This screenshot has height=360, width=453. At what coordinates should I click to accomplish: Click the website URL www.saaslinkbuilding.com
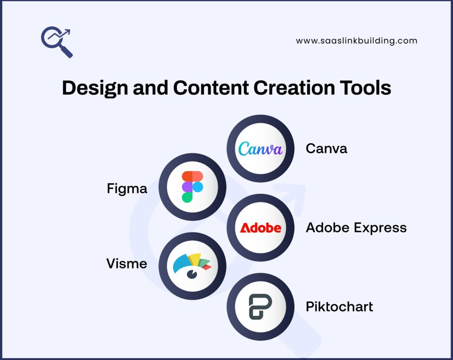point(357,41)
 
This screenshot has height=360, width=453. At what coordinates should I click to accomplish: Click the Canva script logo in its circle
point(260,149)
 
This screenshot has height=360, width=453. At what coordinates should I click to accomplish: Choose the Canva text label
point(326,148)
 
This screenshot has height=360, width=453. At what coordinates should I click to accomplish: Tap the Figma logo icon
point(192,187)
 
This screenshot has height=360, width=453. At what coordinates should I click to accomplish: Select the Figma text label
point(127,189)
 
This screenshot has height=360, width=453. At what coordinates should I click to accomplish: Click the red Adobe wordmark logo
point(260,228)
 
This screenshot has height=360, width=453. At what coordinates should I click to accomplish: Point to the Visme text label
point(127,264)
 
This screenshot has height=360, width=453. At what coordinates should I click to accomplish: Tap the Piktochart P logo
point(260,307)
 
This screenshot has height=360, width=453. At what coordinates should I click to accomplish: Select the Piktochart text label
point(339,306)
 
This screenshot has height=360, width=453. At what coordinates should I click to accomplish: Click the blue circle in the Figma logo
point(198,187)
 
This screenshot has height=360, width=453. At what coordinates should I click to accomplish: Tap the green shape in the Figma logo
point(187,197)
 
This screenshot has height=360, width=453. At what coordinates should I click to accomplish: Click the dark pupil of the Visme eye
point(192,275)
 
